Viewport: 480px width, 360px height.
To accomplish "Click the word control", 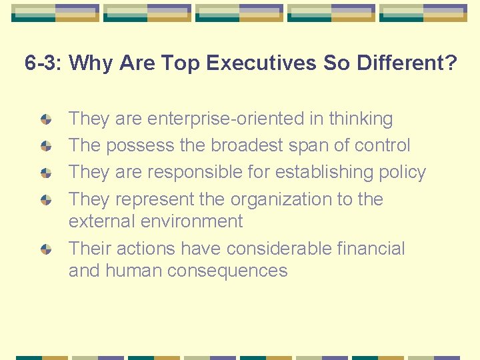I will tap(382, 146).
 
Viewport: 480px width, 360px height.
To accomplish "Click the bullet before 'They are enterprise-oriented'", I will tap(46, 119).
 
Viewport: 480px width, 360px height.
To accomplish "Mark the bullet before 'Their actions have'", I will tap(46, 249).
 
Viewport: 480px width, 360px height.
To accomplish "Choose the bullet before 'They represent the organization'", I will tap(46, 199).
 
